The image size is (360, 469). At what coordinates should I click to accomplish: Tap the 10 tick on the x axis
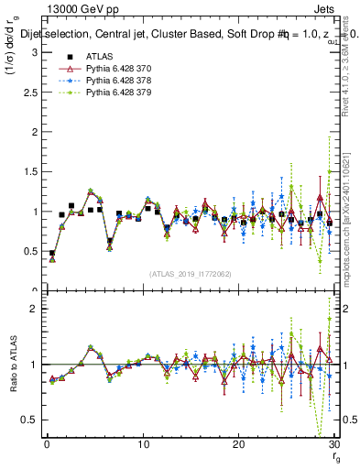[x=143, y=444]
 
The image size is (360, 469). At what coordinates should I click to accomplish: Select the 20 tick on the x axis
[x=239, y=444]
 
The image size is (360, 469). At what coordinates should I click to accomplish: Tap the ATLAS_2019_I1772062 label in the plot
[x=190, y=273]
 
